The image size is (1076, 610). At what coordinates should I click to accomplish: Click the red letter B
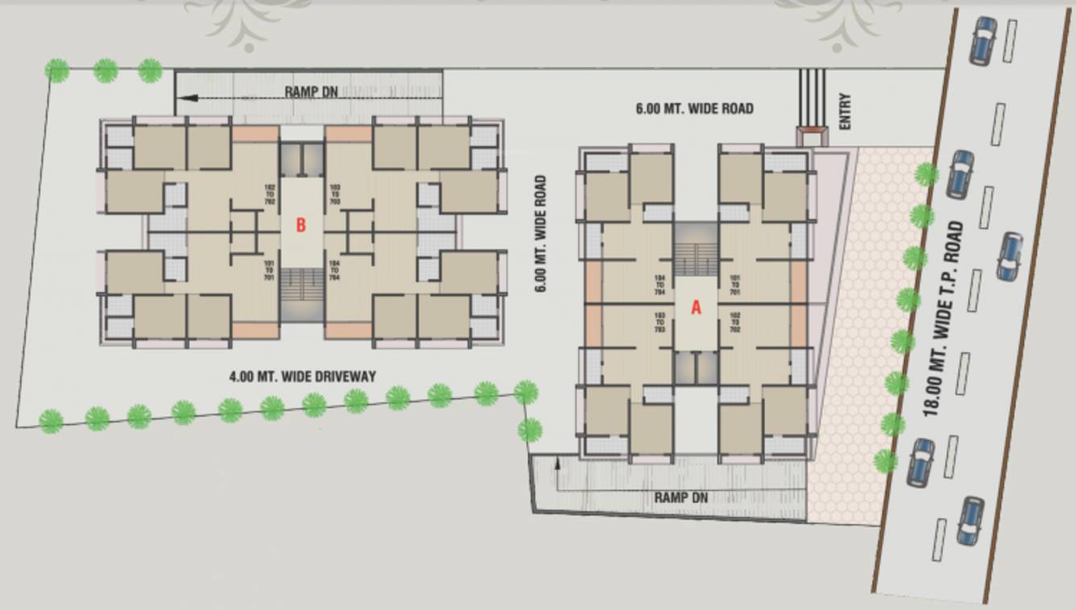pyautogui.click(x=300, y=225)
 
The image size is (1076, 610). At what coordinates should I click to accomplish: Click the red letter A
pyautogui.click(x=697, y=307)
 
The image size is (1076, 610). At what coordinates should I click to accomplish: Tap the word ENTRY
pyautogui.click(x=844, y=112)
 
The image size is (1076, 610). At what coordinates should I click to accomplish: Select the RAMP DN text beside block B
pyautogui.click(x=311, y=92)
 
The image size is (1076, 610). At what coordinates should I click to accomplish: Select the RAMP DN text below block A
pyautogui.click(x=681, y=497)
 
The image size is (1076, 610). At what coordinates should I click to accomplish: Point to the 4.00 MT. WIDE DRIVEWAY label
pyautogui.click(x=302, y=376)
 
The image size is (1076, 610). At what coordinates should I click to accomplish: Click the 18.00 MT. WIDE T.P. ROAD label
pyautogui.click(x=944, y=319)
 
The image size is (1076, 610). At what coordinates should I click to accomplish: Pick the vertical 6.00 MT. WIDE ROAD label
pyautogui.click(x=540, y=233)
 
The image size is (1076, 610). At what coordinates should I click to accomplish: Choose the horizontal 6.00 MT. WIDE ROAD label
pyautogui.click(x=694, y=108)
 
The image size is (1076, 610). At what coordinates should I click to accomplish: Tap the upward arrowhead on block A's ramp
pyautogui.click(x=557, y=462)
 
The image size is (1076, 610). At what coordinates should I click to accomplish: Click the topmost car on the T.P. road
pyautogui.click(x=983, y=40)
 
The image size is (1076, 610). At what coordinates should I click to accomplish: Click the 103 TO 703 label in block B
pyautogui.click(x=334, y=195)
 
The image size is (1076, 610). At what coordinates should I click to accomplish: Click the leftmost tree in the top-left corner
pyautogui.click(x=56, y=71)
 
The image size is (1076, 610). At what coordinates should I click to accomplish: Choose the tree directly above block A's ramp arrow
pyautogui.click(x=529, y=430)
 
